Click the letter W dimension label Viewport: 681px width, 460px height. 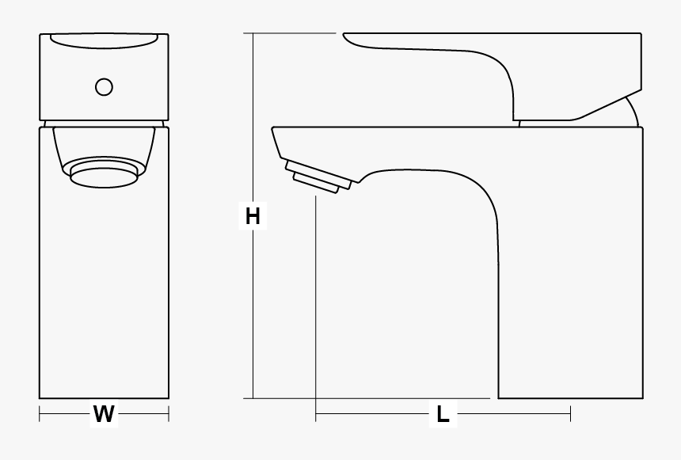(104, 413)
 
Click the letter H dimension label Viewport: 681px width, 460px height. (253, 215)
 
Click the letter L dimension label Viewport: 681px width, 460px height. (443, 413)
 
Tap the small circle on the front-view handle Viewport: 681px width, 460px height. (104, 87)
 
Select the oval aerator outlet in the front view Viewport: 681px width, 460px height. (103, 174)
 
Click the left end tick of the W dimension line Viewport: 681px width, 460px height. (40, 413)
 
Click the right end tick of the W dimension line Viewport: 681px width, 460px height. (169, 413)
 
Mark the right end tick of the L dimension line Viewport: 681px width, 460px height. (570, 413)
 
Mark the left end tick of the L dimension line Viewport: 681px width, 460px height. (316, 413)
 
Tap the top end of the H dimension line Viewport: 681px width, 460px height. (253, 34)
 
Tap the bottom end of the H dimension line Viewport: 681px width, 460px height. (253, 398)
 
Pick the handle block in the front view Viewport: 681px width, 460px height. (104, 79)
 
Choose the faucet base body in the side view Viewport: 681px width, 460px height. (570, 317)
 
